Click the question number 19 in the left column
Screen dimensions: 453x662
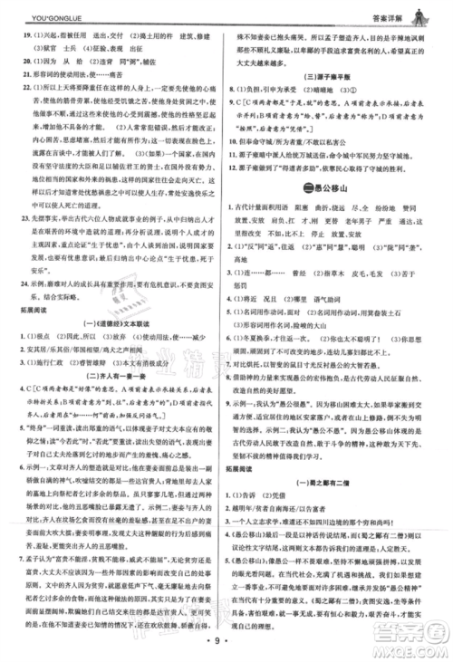click(x=25, y=33)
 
